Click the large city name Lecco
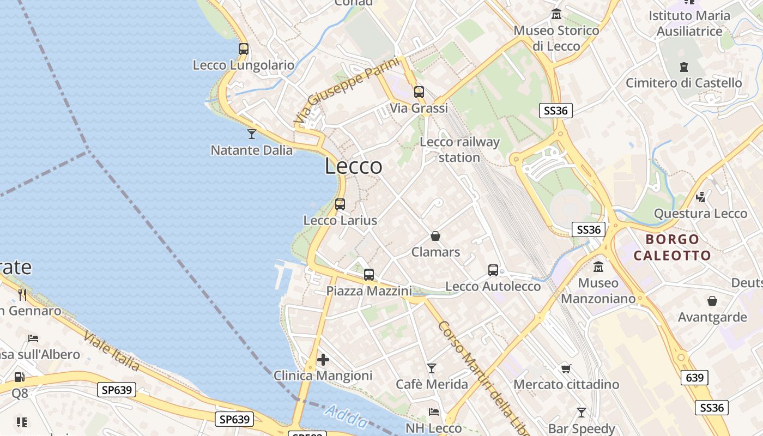[353, 166]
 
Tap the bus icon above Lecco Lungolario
[244, 49]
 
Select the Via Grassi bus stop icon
[419, 92]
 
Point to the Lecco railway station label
[459, 150]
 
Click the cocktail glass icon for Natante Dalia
[251, 134]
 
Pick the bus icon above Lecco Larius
[340, 204]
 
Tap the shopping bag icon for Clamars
[435, 236]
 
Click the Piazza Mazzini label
[369, 291]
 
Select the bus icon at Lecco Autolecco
[493, 270]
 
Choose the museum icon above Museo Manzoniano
[598, 267]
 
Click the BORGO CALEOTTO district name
[673, 247]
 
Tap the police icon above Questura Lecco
[701, 197]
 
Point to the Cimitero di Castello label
[683, 83]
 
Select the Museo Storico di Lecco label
[556, 38]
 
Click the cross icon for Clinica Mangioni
[323, 360]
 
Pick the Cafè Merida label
[432, 384]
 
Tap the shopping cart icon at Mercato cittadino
[566, 368]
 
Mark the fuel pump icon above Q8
[20, 377]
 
